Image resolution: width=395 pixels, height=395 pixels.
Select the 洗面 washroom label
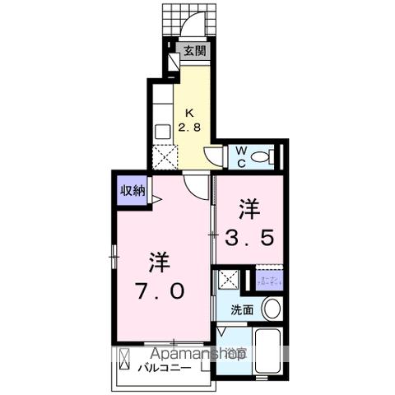pos(241,310)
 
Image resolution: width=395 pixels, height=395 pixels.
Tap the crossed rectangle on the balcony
pos(125,362)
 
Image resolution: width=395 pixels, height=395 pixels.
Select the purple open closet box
pos(270,280)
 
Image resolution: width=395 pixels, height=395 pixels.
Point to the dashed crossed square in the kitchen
pos(165,156)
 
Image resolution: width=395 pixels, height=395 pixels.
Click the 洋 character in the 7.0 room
pos(159,263)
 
